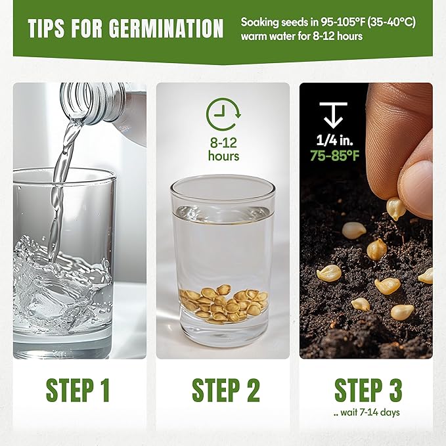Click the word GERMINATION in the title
point(166,28)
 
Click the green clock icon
point(223,114)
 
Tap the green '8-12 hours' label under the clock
point(223,149)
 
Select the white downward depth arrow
point(334,115)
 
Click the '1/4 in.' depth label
point(334,140)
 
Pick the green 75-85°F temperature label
point(334,155)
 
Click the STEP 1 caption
point(78,390)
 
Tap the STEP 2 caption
point(226,390)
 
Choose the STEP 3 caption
point(368,390)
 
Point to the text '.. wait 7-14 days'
point(367,413)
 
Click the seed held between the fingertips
point(395,208)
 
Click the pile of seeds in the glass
point(224,302)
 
